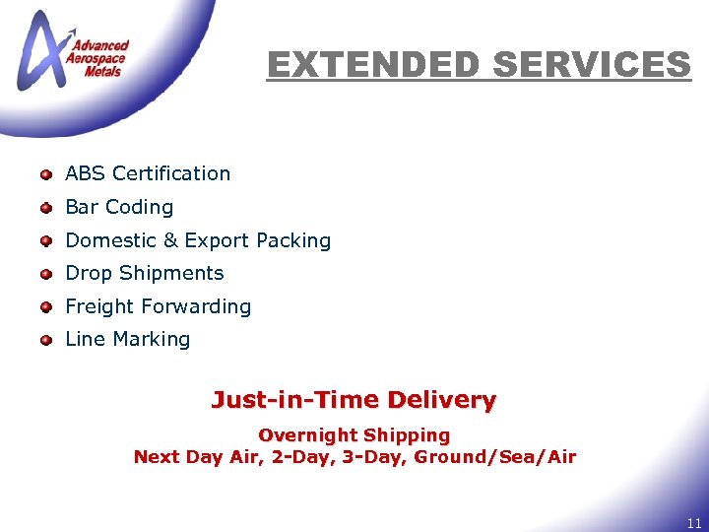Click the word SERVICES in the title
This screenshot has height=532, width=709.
coord(591,66)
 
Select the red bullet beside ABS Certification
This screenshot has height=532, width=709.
coord(45,174)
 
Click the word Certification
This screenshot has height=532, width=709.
coord(171,173)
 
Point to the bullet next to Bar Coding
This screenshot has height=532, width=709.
coord(45,208)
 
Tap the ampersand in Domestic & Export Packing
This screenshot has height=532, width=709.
coord(169,240)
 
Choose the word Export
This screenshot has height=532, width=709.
coord(217,240)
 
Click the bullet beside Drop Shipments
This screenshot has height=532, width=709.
coord(45,274)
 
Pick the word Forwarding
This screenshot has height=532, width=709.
coord(195,306)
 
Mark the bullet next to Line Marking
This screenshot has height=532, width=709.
coord(45,340)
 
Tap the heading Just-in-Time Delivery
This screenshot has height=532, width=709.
coord(354,400)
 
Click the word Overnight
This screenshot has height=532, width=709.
coord(307,434)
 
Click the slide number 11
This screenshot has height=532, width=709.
coord(694,523)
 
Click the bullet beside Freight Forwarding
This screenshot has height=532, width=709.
coord(45,307)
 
